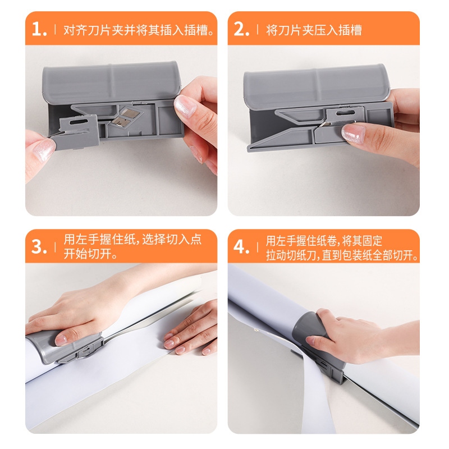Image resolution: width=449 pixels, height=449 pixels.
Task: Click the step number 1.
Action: (38, 30)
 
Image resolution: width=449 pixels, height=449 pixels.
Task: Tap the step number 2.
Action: (241, 30)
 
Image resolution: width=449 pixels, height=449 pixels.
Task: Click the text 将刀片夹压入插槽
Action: (314, 30)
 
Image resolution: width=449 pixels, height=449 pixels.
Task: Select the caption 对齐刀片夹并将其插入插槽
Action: (139, 30)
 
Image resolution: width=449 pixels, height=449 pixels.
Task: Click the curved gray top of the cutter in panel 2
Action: (317, 84)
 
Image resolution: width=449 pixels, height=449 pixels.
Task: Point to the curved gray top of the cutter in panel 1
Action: (112, 81)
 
